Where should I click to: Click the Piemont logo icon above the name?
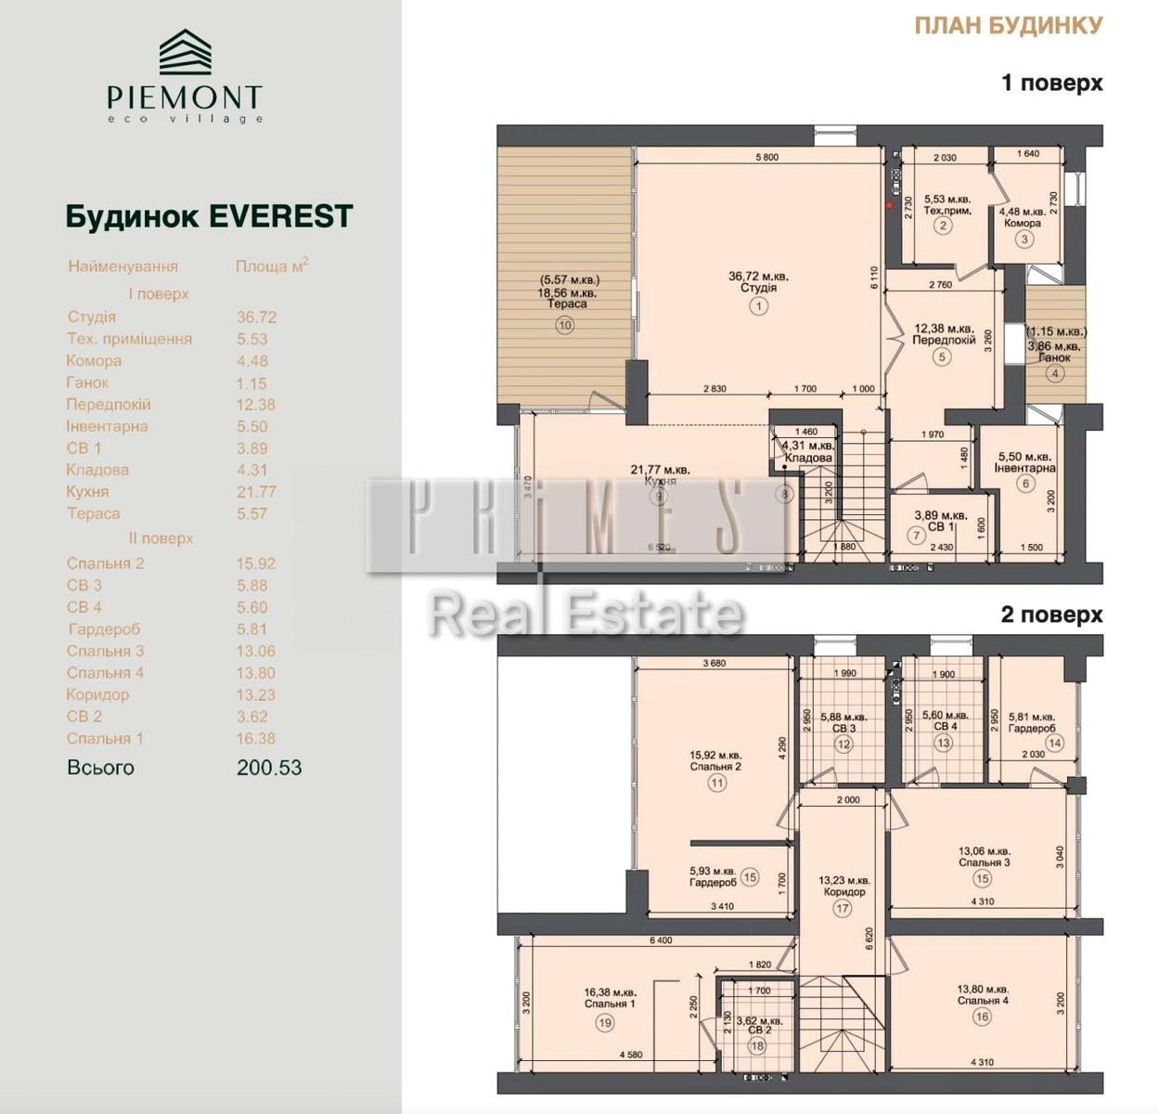(185, 52)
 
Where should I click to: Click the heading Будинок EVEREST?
(209, 216)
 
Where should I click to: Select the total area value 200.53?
(269, 768)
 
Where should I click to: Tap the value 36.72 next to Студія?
(256, 317)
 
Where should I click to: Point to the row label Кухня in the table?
(87, 492)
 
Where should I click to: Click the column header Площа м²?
(271, 266)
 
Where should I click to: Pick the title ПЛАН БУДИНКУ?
(1008, 25)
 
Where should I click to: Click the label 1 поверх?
(1051, 83)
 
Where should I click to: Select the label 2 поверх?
(1051, 615)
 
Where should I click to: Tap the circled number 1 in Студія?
(758, 306)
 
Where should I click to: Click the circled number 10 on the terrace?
(565, 325)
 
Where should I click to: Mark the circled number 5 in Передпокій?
(943, 356)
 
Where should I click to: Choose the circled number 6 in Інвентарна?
(1025, 484)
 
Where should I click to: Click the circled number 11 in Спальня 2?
(716, 784)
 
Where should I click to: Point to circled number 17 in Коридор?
(842, 909)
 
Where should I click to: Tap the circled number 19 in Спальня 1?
(605, 1023)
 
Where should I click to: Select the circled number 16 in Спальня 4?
(982, 1017)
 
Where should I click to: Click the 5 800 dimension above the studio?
(766, 157)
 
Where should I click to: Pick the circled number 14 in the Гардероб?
(1054, 743)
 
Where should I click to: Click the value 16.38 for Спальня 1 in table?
(255, 739)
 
